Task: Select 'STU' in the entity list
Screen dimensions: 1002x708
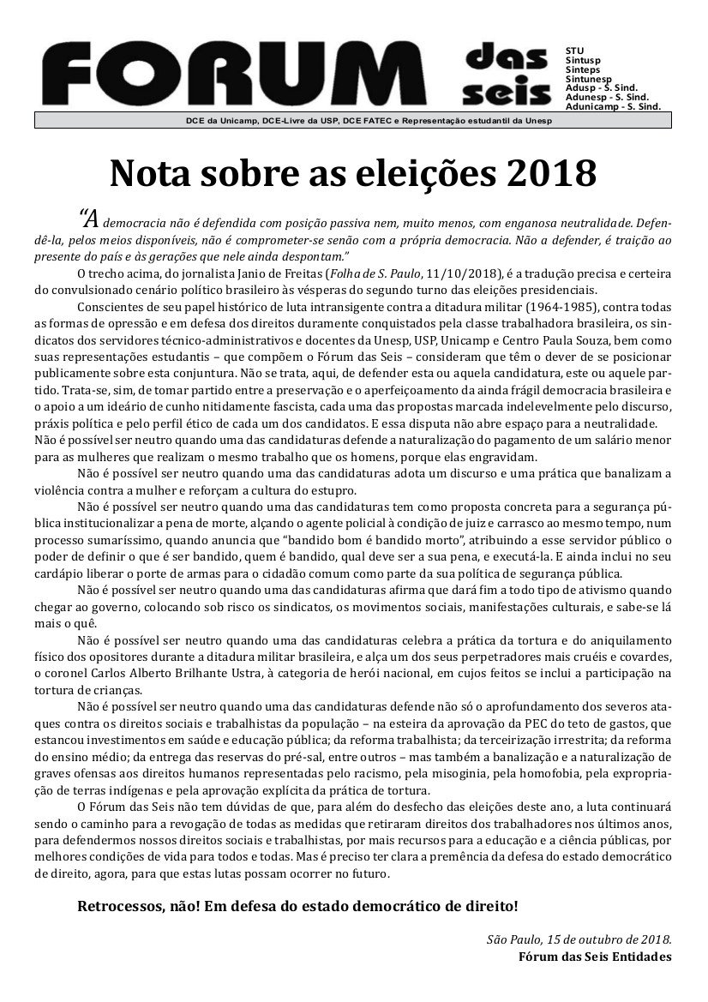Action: click(574, 51)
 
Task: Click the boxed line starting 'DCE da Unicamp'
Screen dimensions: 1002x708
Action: click(352, 121)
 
